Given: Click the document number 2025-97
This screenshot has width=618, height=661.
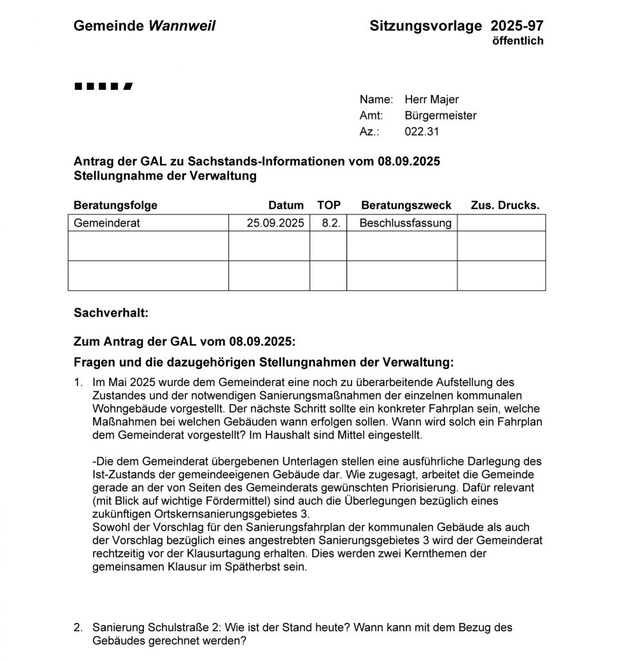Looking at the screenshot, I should point(517,26).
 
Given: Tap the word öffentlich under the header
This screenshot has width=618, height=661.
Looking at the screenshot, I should point(517,41).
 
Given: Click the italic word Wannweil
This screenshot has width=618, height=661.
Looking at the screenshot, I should point(182,26).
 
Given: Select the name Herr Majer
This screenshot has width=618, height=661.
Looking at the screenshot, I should point(432,99).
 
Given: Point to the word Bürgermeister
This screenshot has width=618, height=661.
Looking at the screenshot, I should point(441,116).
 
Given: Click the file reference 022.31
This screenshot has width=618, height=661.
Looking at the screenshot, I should point(422,132).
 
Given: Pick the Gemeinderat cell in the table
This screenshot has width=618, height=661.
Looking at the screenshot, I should point(107,223).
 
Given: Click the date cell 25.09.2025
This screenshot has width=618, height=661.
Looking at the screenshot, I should point(275,223).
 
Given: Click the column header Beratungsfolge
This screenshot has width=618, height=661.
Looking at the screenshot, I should point(115,205).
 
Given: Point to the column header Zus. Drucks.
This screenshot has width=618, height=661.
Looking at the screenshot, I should point(505,205).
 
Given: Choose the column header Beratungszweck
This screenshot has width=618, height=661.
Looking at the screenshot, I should point(406,205).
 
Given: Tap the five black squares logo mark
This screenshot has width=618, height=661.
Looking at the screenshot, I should point(104,86).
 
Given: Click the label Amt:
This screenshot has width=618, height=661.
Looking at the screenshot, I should point(371,116).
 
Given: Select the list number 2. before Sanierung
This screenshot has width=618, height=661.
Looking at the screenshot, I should point(78,627).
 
